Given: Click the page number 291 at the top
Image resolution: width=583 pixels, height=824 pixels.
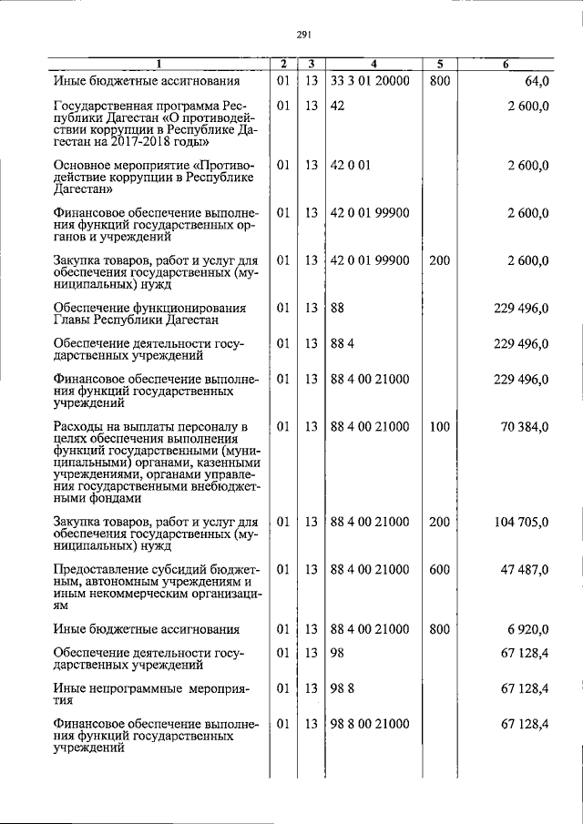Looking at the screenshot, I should click(x=304, y=36).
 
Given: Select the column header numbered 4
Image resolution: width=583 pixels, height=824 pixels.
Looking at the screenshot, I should click(x=373, y=64).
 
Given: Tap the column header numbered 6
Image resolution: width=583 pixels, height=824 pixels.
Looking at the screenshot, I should click(x=506, y=64).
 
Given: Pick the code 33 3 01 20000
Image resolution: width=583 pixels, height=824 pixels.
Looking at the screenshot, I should click(x=370, y=81).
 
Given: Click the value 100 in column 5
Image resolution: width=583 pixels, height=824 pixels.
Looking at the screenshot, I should click(x=439, y=426).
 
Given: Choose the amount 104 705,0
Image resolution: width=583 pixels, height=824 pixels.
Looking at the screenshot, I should click(x=520, y=522).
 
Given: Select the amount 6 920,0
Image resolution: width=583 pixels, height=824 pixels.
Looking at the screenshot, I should click(x=527, y=629).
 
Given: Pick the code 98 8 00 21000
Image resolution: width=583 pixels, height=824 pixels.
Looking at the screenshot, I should click(x=370, y=724).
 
